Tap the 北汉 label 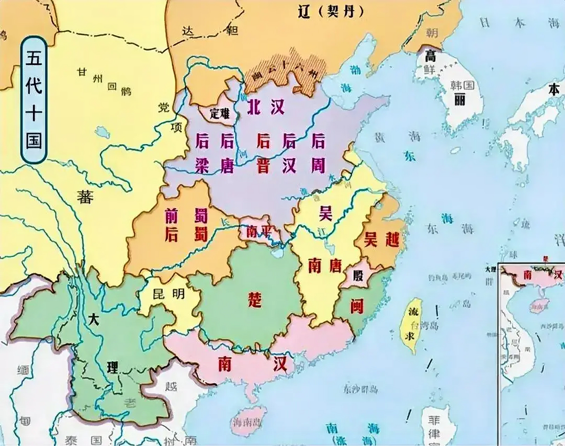(266, 107)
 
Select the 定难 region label (220, 113)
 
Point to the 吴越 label (381, 240)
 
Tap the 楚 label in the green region (254, 300)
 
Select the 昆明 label (169, 294)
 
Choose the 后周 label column (318, 153)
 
